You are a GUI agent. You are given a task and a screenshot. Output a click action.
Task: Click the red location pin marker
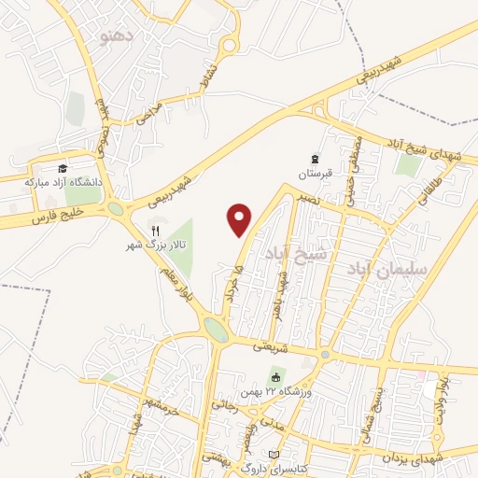tap(240, 218)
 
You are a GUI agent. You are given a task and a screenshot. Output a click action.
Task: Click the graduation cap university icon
tap(63, 168)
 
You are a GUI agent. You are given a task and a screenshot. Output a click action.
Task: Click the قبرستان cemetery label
tap(315, 174)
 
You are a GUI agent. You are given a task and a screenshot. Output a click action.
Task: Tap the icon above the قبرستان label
tap(315, 159)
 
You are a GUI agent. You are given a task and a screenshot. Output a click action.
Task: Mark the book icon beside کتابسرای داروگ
tap(273, 455)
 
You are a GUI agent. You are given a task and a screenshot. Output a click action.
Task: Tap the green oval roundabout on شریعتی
tap(216, 330)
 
